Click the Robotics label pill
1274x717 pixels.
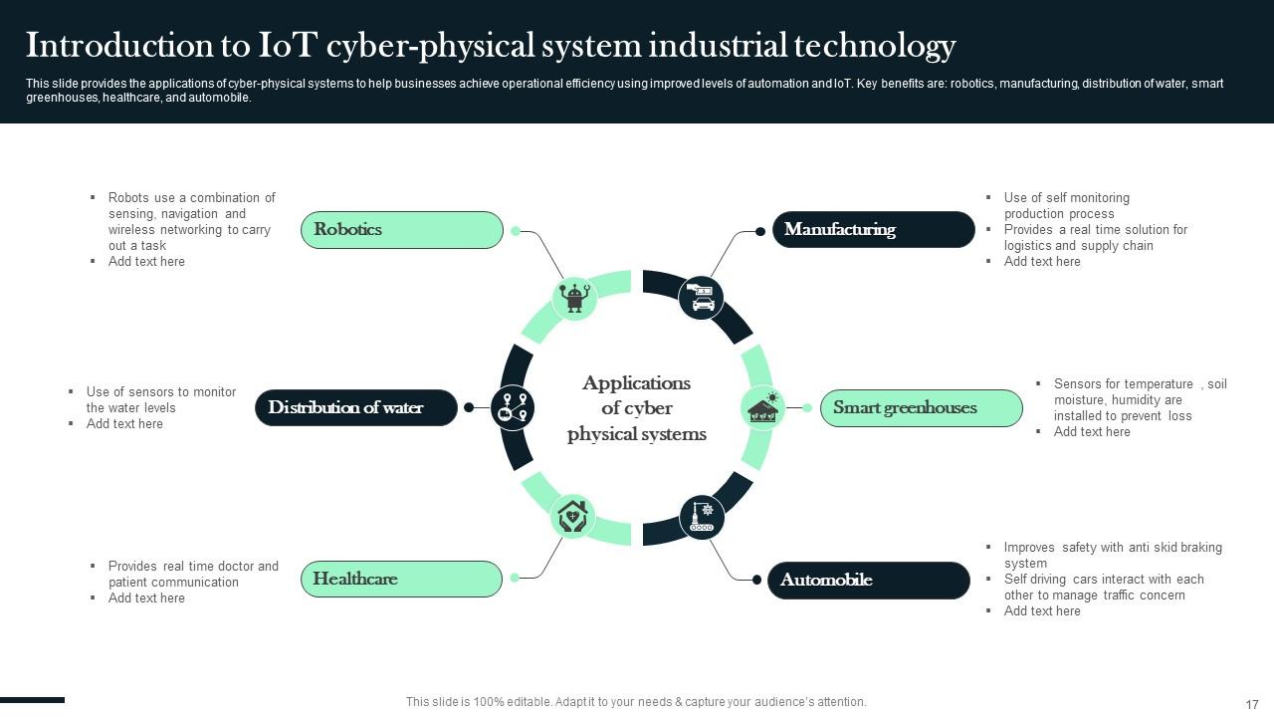tap(402, 230)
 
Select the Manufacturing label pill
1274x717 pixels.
tap(873, 230)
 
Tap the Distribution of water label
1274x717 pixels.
tap(356, 408)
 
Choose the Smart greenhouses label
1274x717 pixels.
tap(921, 408)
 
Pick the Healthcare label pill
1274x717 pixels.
tap(401, 580)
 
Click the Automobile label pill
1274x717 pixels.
tap(868, 581)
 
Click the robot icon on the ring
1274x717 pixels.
tap(574, 298)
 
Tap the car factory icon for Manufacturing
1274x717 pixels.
tap(702, 298)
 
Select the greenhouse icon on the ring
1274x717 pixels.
tap(763, 408)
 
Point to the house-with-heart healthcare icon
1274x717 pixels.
tap(572, 516)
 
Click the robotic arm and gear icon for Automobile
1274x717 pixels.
tap(702, 517)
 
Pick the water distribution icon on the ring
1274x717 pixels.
tap(514, 408)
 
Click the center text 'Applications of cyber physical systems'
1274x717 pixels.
tap(637, 408)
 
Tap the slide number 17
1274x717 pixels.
tap(1252, 704)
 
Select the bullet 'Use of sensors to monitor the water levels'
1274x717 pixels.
tap(160, 399)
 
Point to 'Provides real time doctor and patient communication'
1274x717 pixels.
tap(193, 574)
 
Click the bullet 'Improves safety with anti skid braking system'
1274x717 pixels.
tap(1112, 555)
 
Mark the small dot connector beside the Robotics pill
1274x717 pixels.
tap(516, 231)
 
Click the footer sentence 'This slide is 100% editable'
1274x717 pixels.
tap(636, 702)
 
